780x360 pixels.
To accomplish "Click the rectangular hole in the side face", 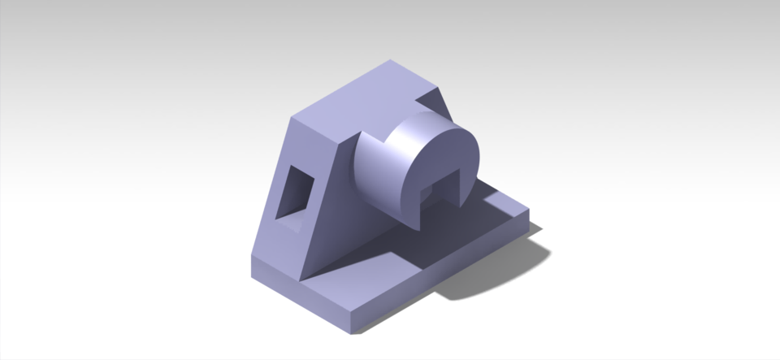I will coord(293,192).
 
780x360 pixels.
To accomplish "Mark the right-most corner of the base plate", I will coord(529,210).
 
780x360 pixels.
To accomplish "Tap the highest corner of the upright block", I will coord(391,60).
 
